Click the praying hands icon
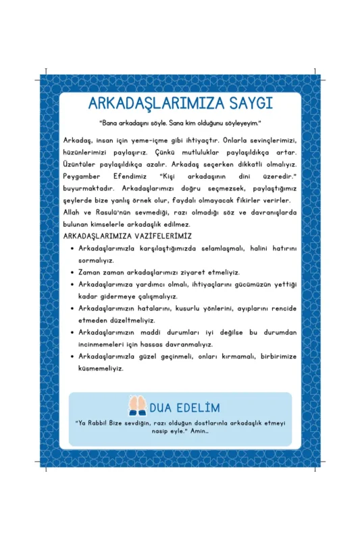137,406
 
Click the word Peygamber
83,175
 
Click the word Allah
72,212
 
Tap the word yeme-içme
152,139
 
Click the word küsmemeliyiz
101,369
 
